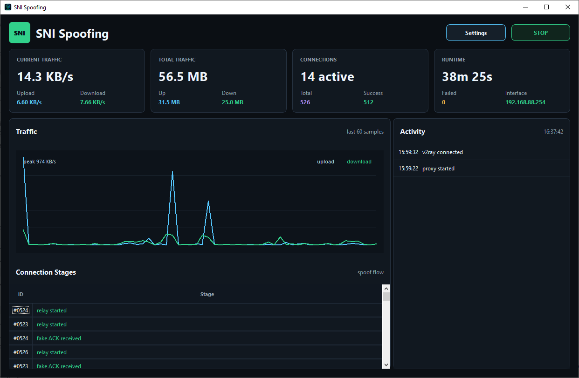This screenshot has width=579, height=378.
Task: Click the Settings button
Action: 476,33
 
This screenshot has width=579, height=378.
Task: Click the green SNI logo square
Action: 20,33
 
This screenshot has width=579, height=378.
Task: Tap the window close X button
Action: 568,7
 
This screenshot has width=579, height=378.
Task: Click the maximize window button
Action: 546,7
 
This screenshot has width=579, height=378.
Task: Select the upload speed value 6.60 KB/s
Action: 29,102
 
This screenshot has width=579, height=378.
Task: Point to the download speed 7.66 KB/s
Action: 92,102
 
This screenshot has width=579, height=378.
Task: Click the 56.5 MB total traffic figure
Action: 183,77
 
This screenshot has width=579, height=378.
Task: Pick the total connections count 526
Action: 305,102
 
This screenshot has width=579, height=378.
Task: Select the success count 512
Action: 368,102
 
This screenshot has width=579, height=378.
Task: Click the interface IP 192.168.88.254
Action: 525,102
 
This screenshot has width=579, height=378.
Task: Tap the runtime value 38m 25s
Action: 467,77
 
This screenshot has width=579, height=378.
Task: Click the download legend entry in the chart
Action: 359,162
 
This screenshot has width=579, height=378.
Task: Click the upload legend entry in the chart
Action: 326,162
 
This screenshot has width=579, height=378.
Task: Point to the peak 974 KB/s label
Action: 40,162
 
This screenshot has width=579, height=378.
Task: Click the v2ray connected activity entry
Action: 431,152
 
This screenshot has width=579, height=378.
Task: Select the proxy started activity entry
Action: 427,169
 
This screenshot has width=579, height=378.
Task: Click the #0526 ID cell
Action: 21,352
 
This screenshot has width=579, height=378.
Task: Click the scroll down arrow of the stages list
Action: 386,365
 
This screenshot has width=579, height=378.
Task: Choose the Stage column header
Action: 207,294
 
